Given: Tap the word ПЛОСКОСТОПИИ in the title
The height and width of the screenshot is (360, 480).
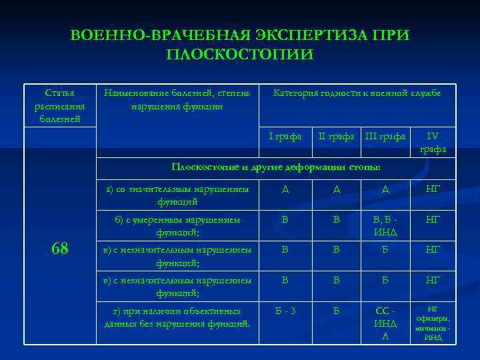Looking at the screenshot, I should tap(239, 54).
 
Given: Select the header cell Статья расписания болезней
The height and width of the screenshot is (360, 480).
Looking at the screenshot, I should tap(60, 105).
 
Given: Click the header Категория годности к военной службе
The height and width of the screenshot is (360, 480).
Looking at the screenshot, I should tap(357, 93).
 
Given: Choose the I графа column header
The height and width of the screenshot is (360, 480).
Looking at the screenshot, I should tap(285, 137).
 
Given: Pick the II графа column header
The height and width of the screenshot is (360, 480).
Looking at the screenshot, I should tap(336, 137).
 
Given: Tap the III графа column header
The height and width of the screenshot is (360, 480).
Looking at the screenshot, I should tap(385, 137).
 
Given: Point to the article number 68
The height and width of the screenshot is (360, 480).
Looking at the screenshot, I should tap(60, 249).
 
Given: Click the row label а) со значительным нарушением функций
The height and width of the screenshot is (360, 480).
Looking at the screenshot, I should tap(177, 195).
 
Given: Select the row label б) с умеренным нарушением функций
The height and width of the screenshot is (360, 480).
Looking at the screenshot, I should tap(177, 225).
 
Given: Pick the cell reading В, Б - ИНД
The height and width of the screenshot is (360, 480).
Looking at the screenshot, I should tap(385, 225).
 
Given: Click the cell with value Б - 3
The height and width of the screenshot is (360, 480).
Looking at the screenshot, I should tap(285, 311).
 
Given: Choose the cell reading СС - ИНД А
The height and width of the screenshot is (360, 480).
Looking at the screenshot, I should tap(385, 323).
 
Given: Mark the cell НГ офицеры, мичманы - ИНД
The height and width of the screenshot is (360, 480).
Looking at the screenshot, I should tap(433, 323).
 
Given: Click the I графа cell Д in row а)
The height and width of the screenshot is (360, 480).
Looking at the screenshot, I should tap(285, 189).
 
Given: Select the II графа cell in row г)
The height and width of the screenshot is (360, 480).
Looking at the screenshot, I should tap(336, 311).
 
